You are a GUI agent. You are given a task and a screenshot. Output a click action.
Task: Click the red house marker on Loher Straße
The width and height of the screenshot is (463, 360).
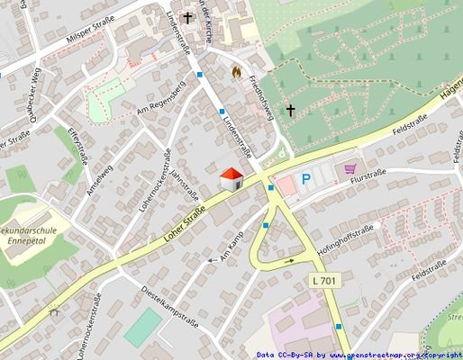(x=231, y=178)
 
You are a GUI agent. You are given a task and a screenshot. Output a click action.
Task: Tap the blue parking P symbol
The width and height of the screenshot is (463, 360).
(x=306, y=180)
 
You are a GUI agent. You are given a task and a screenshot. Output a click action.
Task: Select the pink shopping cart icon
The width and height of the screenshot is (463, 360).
(x=350, y=168)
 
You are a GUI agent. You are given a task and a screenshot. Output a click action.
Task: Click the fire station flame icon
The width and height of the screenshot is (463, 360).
(x=237, y=69)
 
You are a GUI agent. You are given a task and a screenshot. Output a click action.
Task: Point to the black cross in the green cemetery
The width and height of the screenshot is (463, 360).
(x=290, y=111)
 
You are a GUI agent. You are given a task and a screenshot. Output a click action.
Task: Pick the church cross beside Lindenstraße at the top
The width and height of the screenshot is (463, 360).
(x=188, y=17)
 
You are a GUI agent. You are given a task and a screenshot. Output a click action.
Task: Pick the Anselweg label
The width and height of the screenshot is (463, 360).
(x=100, y=175)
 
